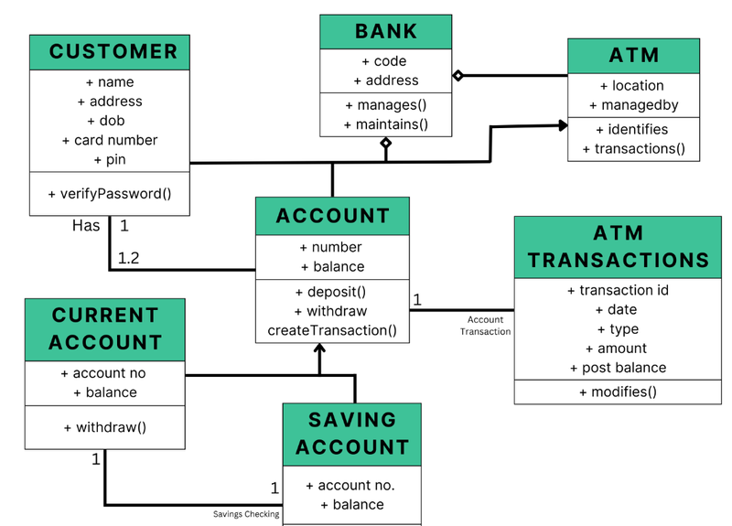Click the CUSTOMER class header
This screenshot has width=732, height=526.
click(110, 52)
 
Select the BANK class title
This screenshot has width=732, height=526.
click(385, 32)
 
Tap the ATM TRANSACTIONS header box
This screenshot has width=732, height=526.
click(618, 247)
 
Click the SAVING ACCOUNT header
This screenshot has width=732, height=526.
click(352, 435)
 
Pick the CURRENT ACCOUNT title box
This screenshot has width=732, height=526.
click(104, 329)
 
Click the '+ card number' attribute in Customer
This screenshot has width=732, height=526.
click(110, 140)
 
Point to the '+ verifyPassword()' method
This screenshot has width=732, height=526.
click(110, 193)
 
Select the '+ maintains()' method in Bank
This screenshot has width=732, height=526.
click(385, 124)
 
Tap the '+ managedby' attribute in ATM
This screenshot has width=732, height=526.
click(633, 105)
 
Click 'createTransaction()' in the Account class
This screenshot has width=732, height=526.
click(332, 330)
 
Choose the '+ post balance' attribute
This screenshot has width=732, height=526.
click(618, 368)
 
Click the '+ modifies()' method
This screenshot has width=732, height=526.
click(618, 392)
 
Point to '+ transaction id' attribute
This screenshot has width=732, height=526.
click(618, 291)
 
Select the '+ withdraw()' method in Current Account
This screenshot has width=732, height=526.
click(104, 427)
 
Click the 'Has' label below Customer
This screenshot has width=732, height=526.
click(86, 225)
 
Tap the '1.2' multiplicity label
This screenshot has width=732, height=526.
click(129, 258)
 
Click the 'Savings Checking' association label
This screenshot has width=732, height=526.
click(246, 514)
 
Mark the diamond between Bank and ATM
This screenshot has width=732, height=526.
click(458, 76)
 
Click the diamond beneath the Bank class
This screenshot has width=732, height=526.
click(386, 144)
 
